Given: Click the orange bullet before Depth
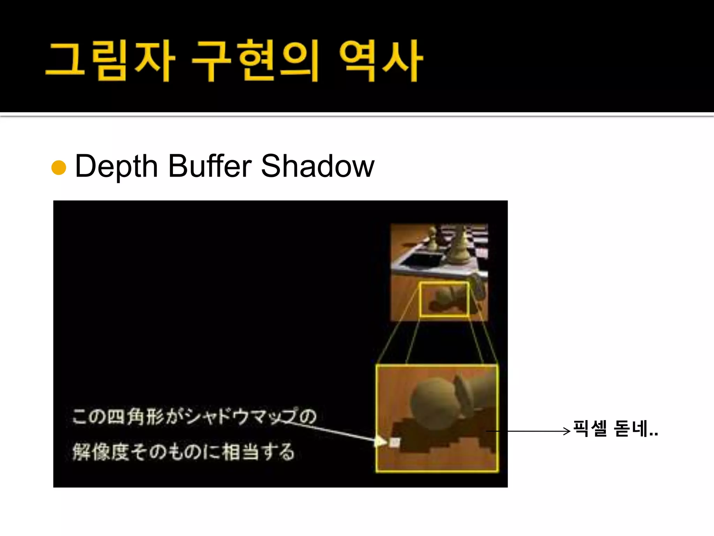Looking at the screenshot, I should [x=59, y=167].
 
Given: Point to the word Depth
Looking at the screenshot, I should [x=116, y=167].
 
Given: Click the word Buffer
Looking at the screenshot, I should [x=210, y=166].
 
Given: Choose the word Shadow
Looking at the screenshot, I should [x=318, y=166].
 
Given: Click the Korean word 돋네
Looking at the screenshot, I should [x=631, y=429].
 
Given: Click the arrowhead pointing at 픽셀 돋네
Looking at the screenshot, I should [x=567, y=431].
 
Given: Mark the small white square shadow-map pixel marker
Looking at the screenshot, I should [x=394, y=442].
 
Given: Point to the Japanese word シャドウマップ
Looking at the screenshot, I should [x=241, y=416].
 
